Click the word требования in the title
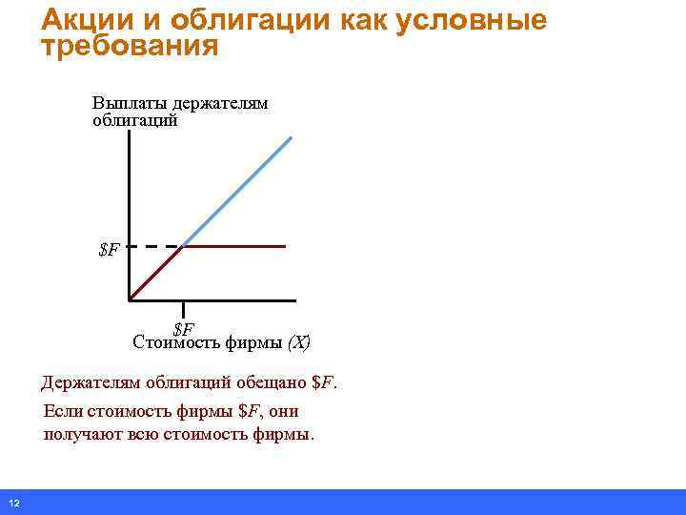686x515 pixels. point(130,46)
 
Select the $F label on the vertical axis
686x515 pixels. point(110,251)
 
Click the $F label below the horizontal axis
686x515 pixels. point(184,330)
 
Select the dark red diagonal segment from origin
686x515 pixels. point(154,274)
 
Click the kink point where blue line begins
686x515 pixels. point(182,246)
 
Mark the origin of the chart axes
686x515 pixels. point(129,300)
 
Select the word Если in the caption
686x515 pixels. point(63,412)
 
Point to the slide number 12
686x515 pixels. point(13,503)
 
